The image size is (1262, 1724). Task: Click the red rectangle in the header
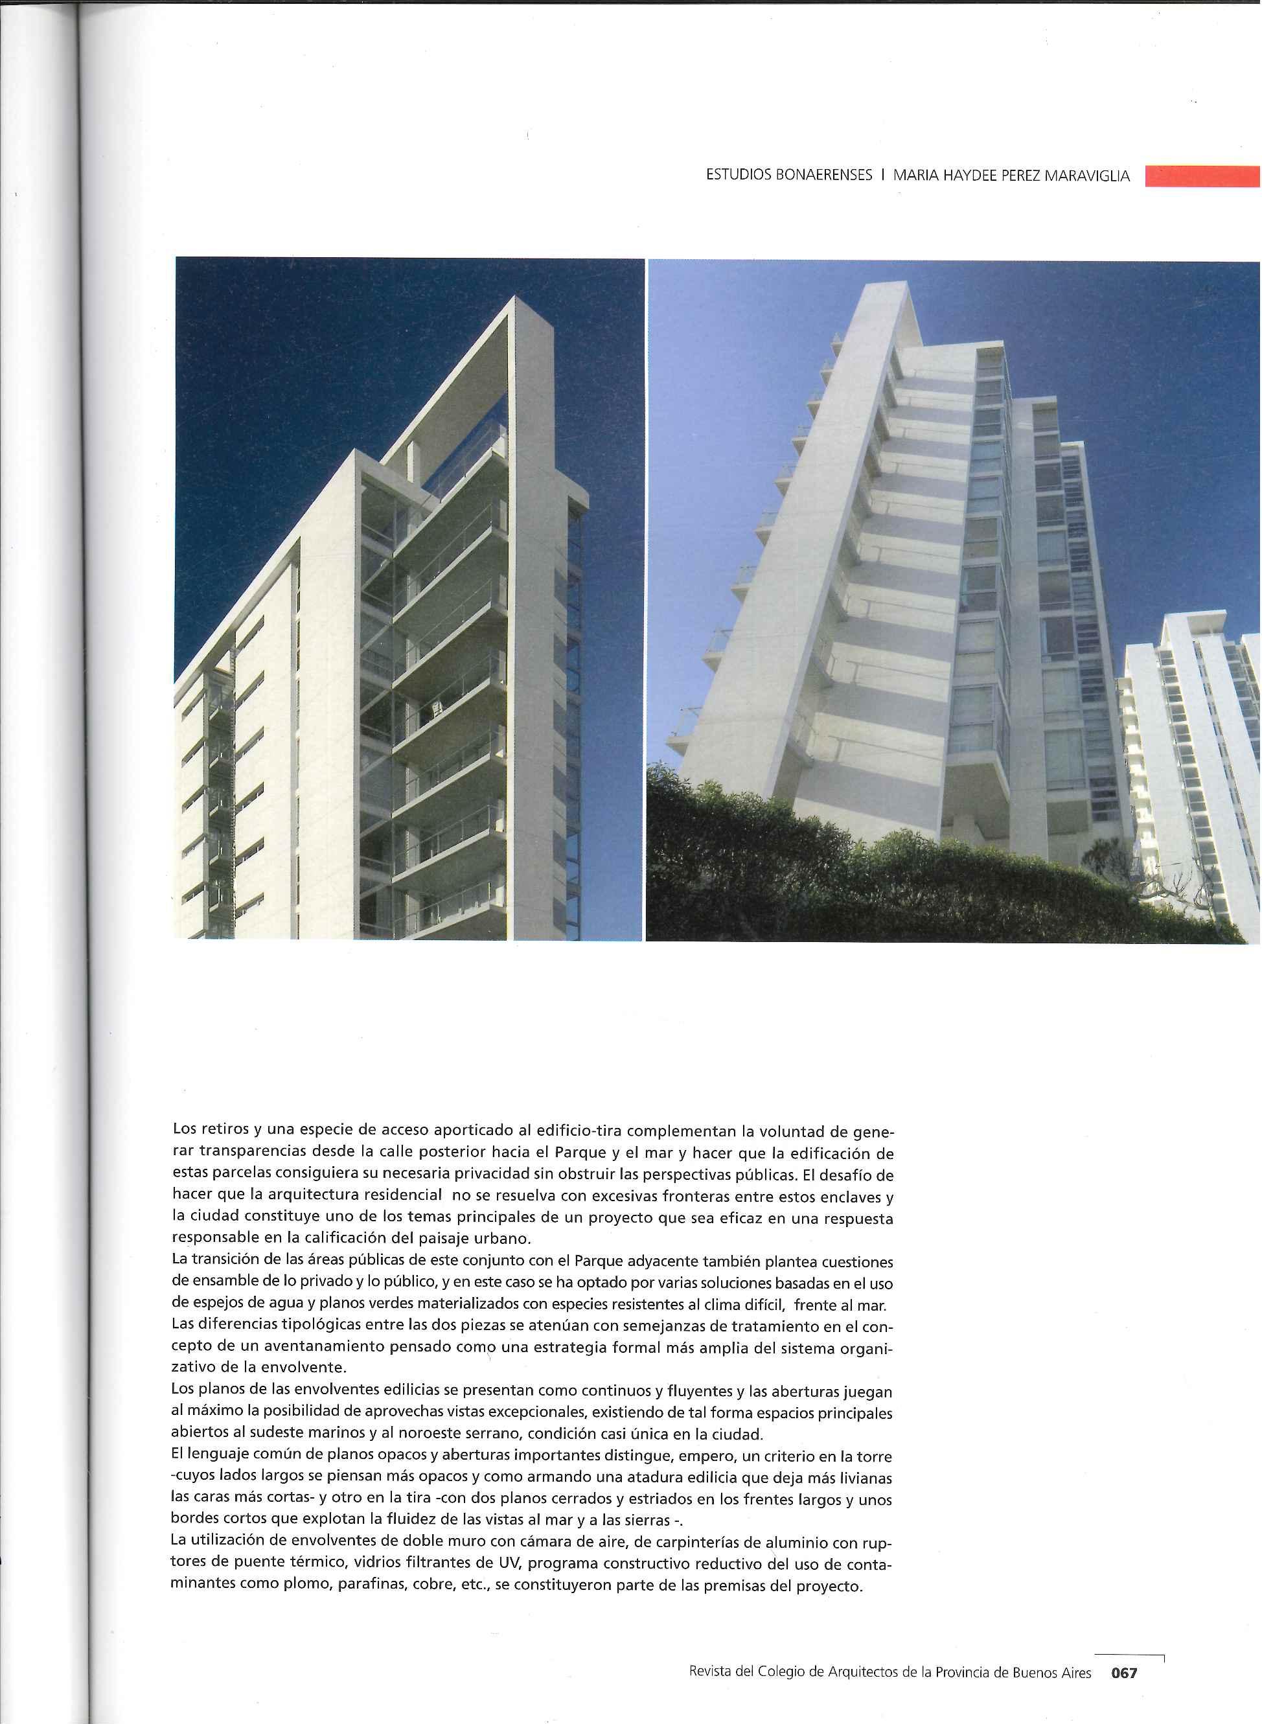pyautogui.click(x=1202, y=176)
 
